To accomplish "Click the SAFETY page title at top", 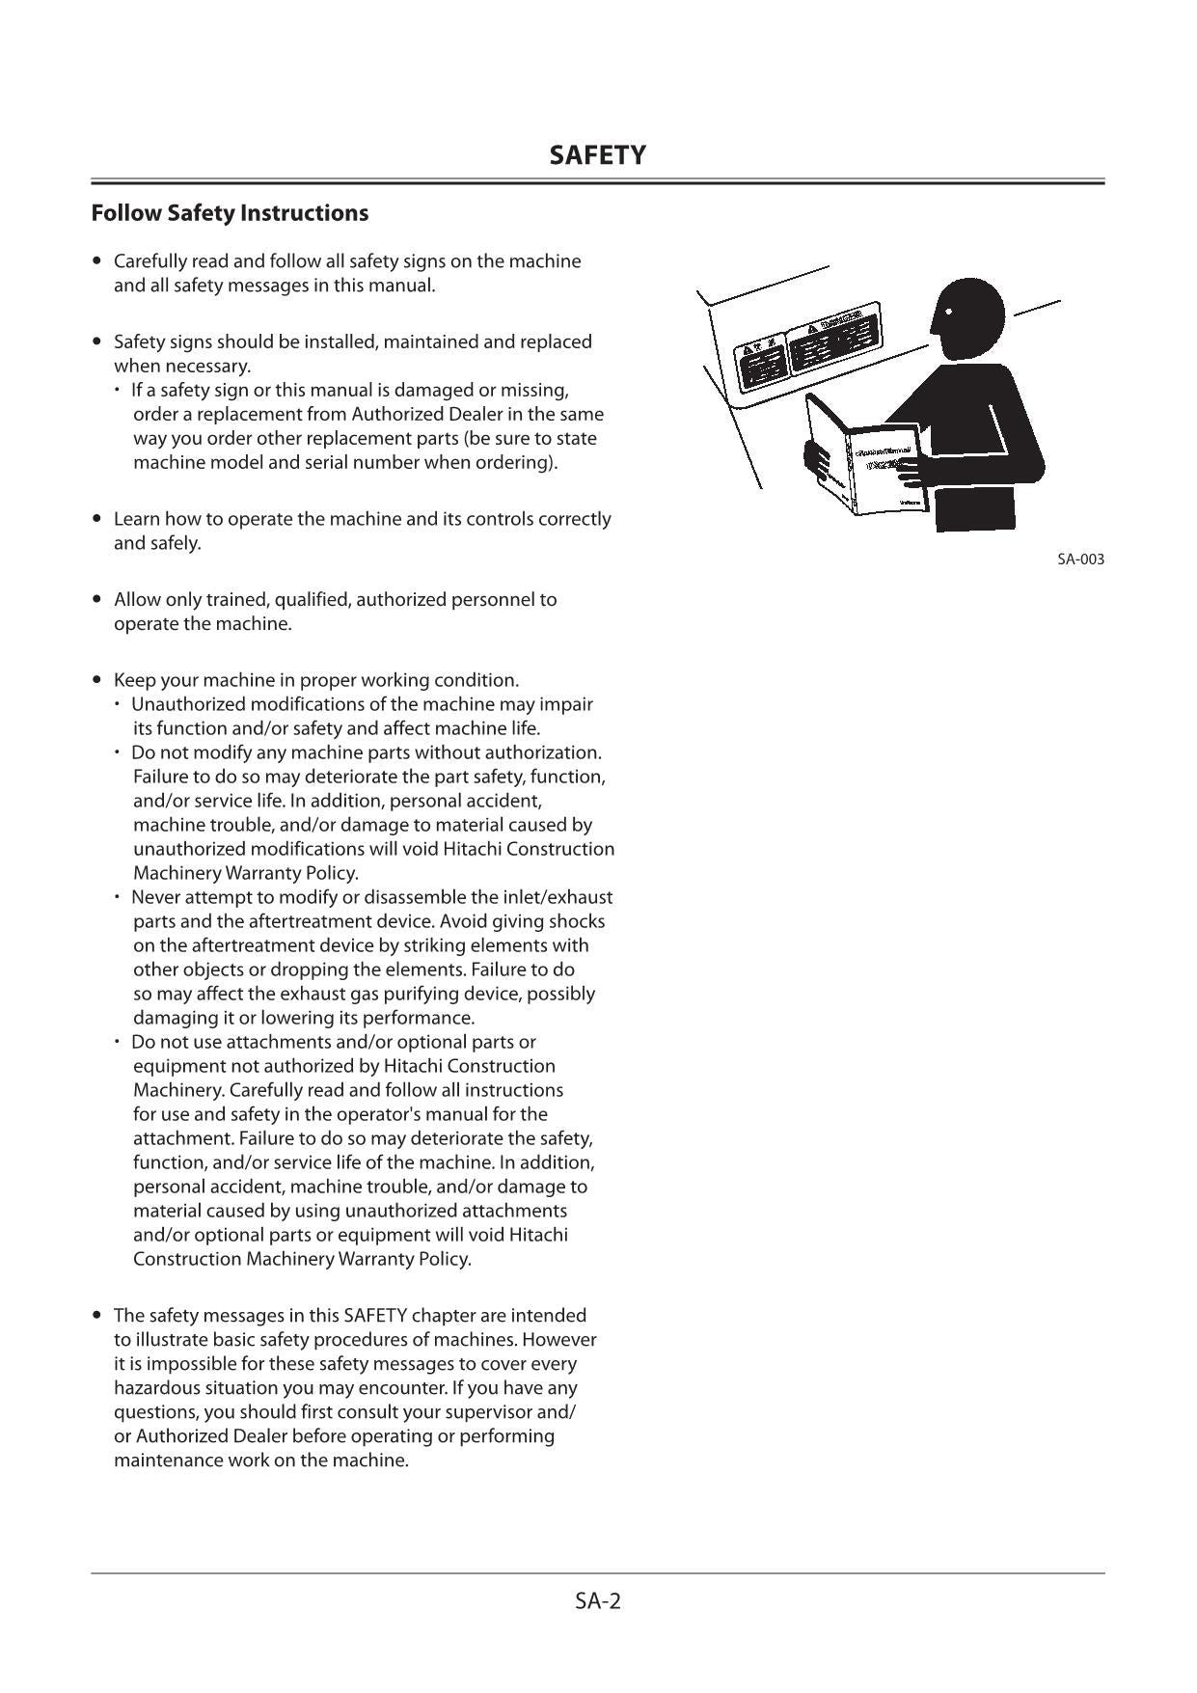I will point(597,155).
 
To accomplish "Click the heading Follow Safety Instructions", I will point(230,213).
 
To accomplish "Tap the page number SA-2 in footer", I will point(598,1601).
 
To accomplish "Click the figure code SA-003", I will point(1080,560).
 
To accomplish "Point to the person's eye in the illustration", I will point(949,312).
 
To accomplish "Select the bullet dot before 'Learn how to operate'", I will point(96,519).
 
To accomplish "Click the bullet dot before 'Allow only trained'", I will point(96,599).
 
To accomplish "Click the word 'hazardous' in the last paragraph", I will point(156,1388).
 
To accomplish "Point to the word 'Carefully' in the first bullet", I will point(150,261).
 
